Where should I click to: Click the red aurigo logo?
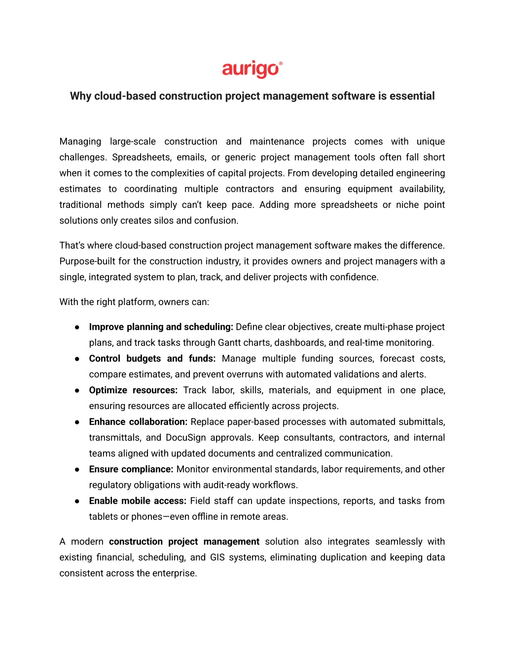point(252,69)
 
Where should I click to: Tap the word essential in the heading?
point(412,96)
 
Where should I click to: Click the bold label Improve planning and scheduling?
point(161,327)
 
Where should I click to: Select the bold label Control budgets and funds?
point(152,358)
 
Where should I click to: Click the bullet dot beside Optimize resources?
point(77,390)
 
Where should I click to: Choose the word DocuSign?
point(186,438)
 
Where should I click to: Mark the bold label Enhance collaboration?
point(138,422)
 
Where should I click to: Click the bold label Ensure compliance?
point(131,469)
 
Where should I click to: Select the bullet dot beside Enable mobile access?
point(77,501)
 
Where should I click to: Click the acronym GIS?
point(217,557)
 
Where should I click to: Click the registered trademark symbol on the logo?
point(281,64)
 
